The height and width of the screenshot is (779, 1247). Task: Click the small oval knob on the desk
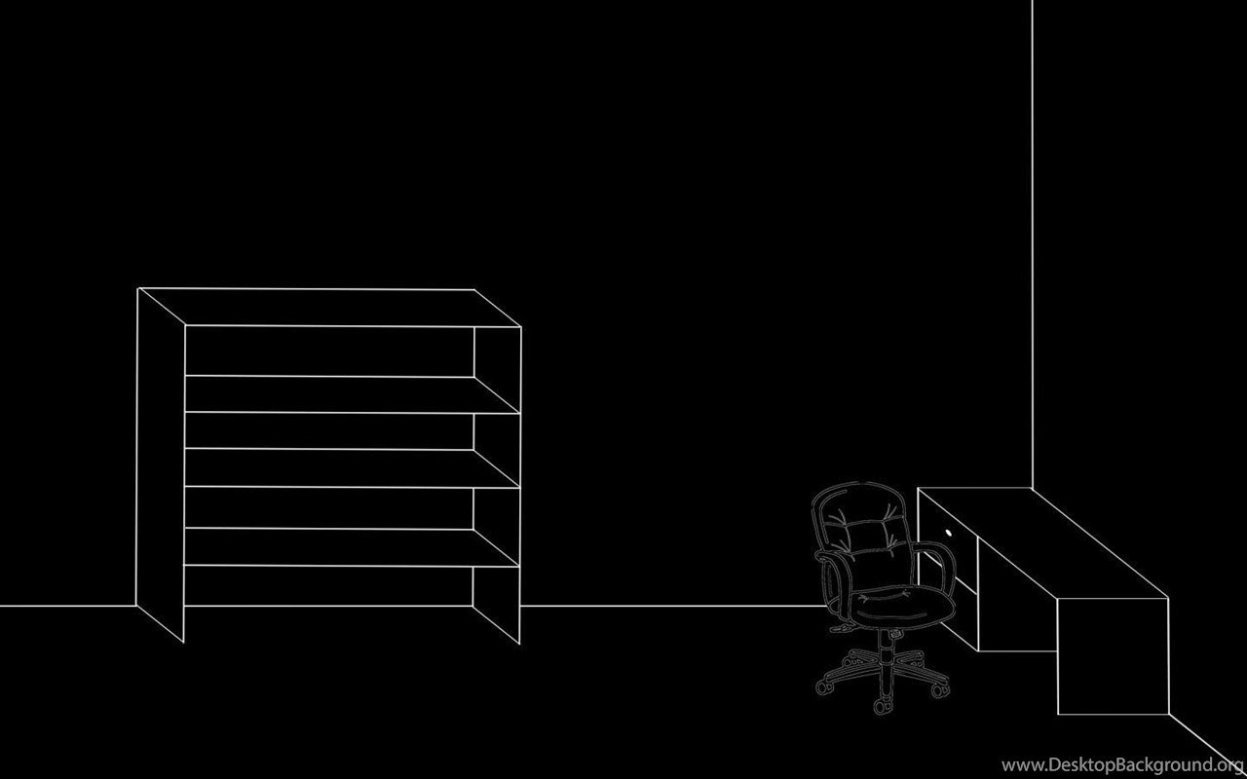[949, 533]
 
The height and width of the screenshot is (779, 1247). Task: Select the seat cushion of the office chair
[902, 606]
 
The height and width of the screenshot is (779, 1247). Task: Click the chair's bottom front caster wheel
[880, 707]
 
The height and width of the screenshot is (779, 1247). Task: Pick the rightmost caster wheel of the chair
[940, 691]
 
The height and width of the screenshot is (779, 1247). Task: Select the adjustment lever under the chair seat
[842, 628]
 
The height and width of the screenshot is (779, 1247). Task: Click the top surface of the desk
[1042, 543]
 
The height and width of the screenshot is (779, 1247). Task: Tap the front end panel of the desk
[1113, 656]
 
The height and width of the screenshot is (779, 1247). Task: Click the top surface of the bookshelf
[329, 307]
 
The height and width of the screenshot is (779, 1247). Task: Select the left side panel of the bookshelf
[161, 464]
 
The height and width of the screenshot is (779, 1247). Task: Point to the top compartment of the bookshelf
[329, 352]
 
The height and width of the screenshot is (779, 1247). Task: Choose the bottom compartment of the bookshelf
[328, 586]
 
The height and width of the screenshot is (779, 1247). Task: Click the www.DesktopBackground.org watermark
[1122, 765]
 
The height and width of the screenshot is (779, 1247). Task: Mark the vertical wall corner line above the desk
[1032, 243]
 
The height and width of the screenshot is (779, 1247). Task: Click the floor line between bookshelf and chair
[672, 606]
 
